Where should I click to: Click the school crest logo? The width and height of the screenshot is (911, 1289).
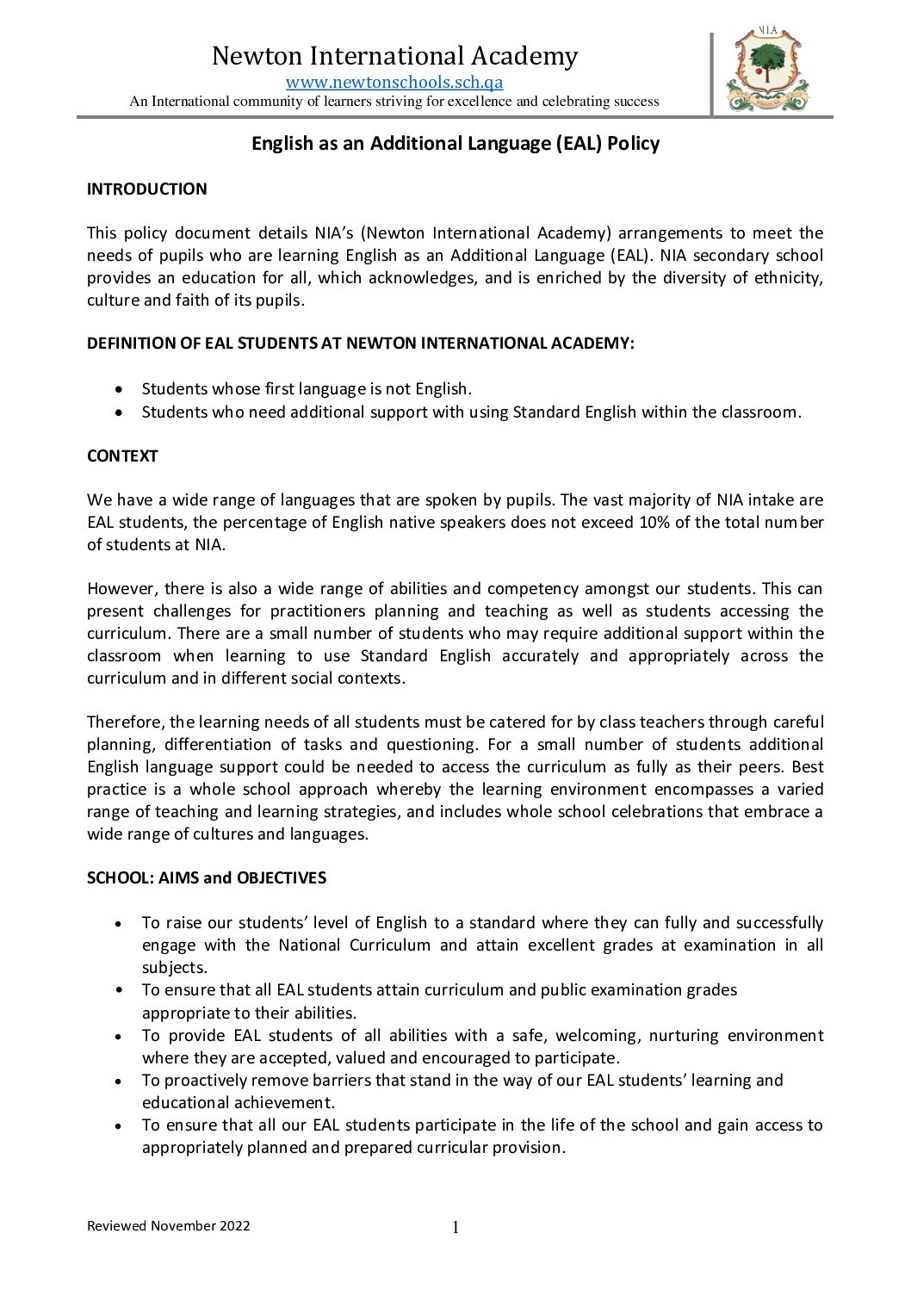click(x=767, y=71)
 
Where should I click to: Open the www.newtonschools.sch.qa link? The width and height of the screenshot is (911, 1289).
click(x=394, y=83)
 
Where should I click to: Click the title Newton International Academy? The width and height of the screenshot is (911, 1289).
click(x=394, y=56)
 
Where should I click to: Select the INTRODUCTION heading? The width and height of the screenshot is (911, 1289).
click(x=147, y=189)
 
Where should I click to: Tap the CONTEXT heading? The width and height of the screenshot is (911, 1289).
click(x=122, y=456)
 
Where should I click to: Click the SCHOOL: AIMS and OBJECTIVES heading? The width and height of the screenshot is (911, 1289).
click(x=207, y=878)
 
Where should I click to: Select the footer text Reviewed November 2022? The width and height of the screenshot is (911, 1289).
click(x=169, y=1226)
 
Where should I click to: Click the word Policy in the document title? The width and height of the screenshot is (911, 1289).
click(x=633, y=144)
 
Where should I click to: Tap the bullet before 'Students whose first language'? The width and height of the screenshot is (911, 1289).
click(x=119, y=389)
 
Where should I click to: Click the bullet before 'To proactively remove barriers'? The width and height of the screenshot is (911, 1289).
click(x=119, y=1081)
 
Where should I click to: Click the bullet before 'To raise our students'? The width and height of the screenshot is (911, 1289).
click(x=119, y=923)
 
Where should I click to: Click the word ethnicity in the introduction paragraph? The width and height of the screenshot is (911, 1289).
click(x=786, y=278)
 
